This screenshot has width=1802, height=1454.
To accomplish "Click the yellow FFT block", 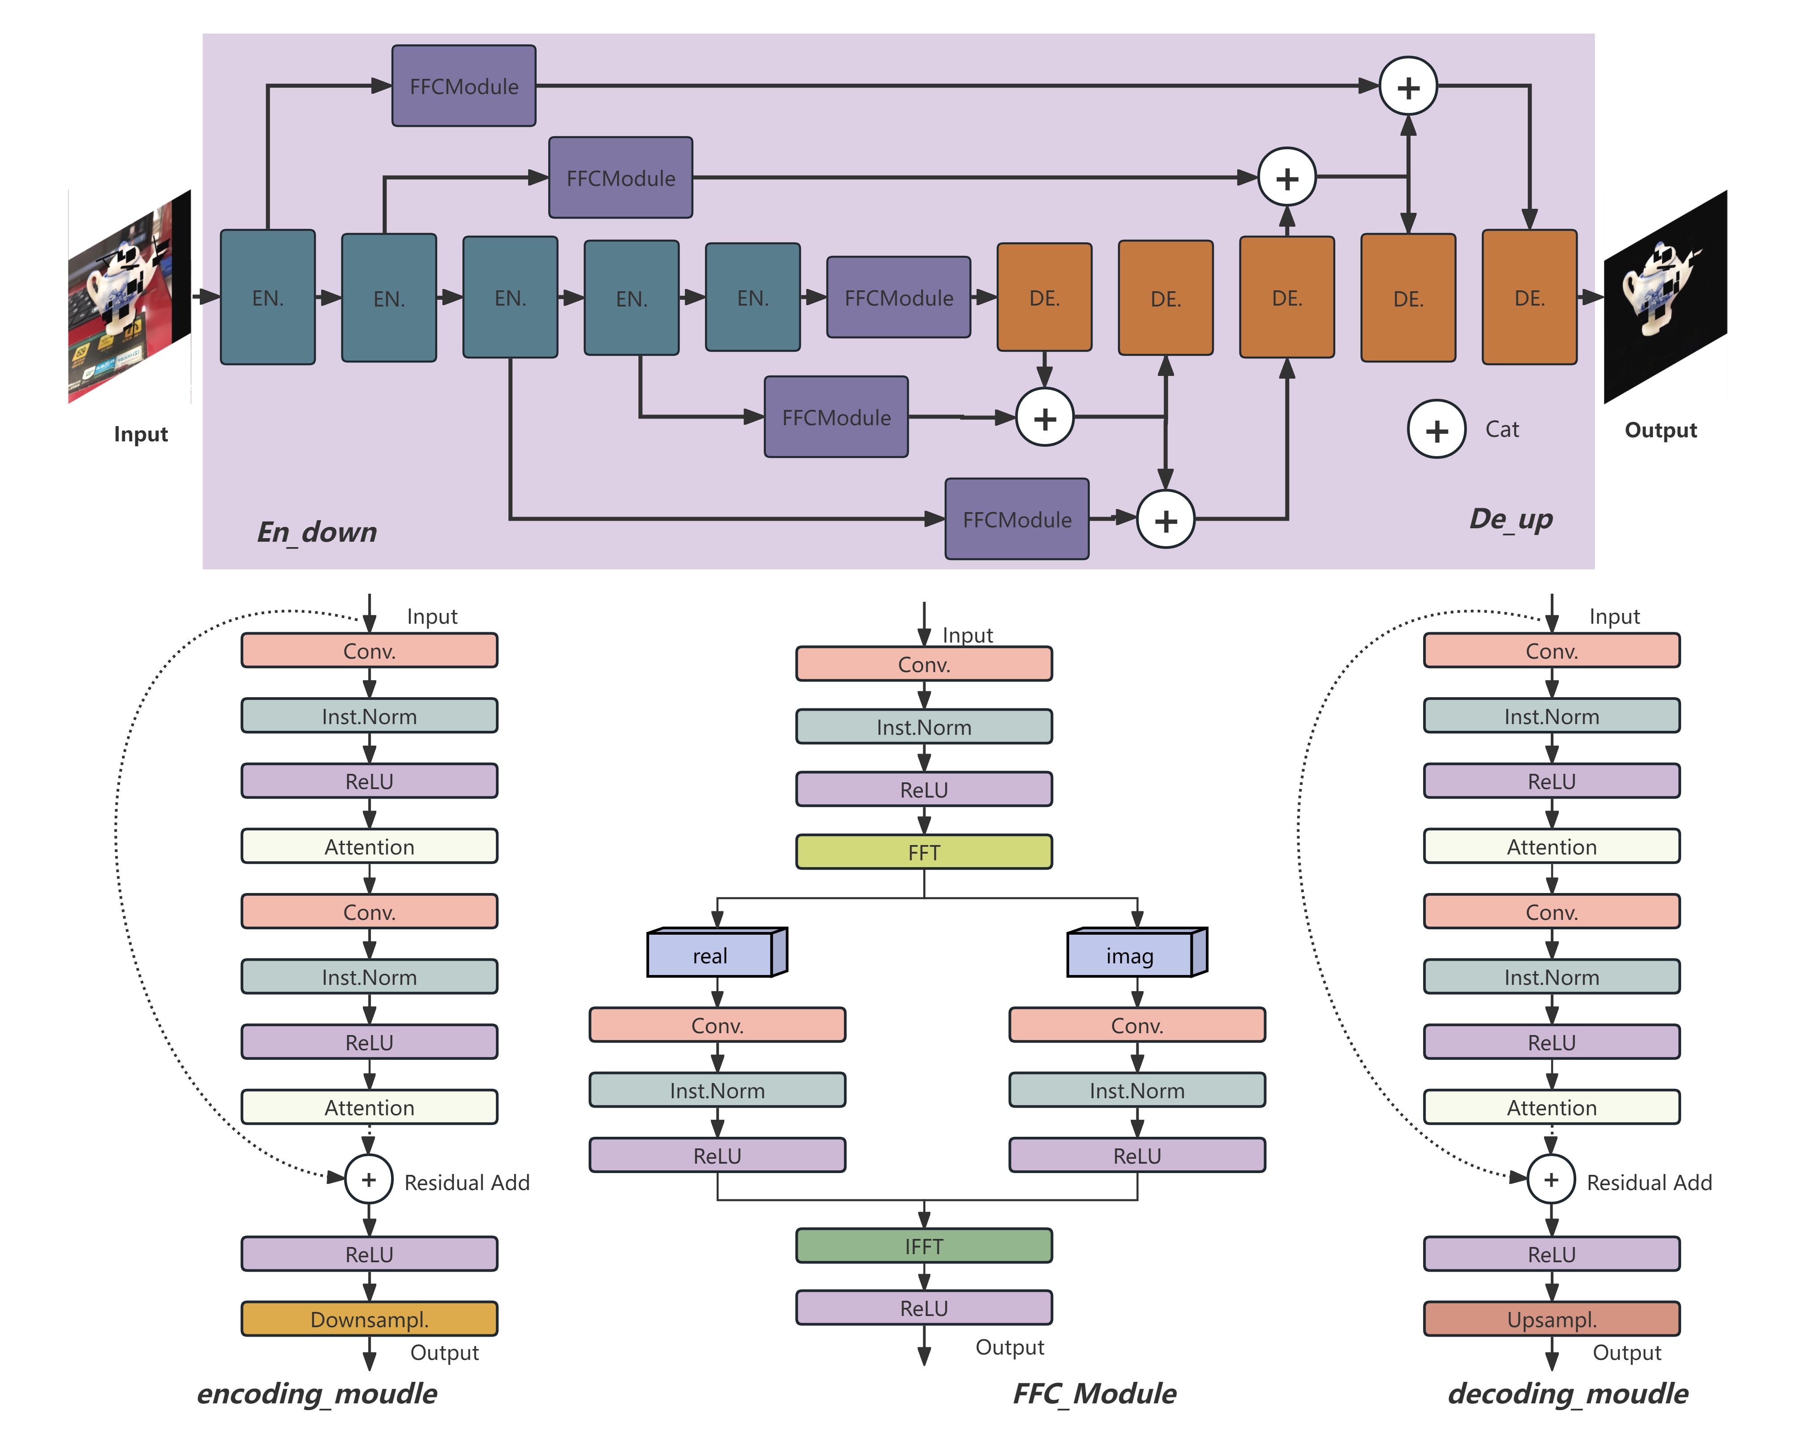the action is pyautogui.click(x=924, y=852).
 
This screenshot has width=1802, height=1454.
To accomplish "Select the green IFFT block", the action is pyautogui.click(x=924, y=1246).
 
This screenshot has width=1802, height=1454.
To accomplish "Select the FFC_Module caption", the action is pyautogui.click(x=1094, y=1394).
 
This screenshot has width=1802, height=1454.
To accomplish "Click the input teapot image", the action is pyautogui.click(x=130, y=297).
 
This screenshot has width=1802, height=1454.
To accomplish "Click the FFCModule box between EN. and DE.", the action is pyautogui.click(x=899, y=298).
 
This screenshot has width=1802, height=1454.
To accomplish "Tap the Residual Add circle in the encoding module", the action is pyautogui.click(x=369, y=1179).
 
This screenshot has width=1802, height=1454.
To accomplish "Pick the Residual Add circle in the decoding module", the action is pyautogui.click(x=1552, y=1179).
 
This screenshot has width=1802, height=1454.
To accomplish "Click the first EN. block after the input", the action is pyautogui.click(x=268, y=298).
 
